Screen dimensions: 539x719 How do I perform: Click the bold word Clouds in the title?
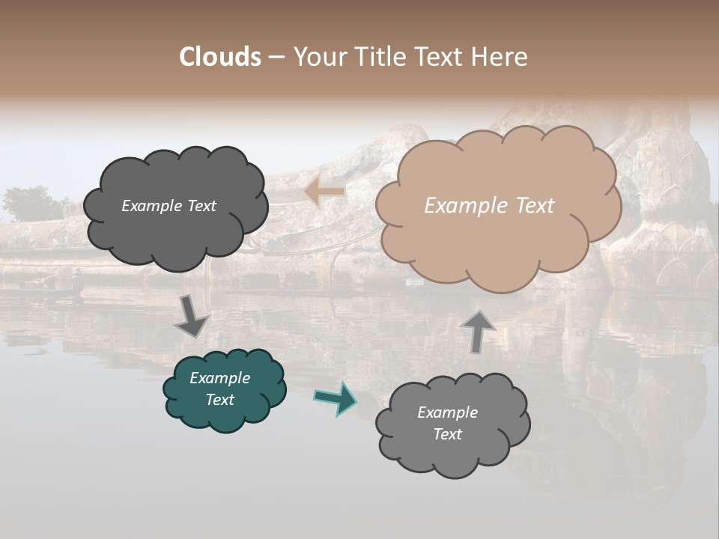[220, 57]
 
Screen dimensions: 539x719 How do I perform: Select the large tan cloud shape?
[498, 240]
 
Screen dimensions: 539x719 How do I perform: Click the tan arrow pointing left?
[324, 192]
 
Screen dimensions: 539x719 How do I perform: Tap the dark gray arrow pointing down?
[192, 315]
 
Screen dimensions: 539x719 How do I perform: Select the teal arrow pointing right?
[335, 398]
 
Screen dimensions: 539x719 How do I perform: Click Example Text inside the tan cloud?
[489, 206]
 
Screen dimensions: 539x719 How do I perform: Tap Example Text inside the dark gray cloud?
[169, 206]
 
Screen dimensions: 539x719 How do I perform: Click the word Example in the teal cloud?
[219, 378]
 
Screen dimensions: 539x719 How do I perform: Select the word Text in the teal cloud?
[219, 400]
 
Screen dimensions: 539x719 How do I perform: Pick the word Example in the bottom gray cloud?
[447, 412]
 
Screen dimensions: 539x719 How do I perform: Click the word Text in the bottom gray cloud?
[447, 434]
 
